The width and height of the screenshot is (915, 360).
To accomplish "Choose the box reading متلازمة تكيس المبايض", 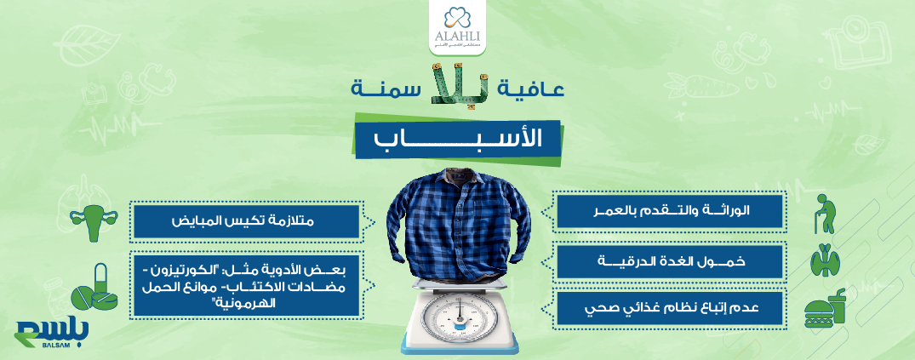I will [248, 221].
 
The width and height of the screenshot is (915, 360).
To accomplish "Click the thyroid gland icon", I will [825, 260].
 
